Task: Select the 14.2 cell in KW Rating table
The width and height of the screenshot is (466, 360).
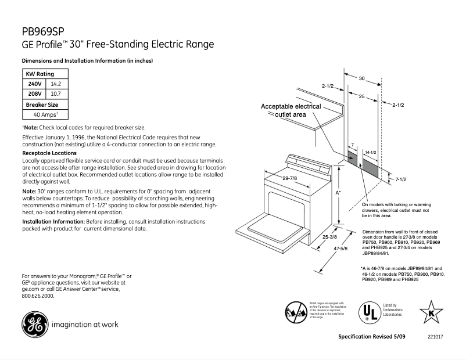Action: point(56,84)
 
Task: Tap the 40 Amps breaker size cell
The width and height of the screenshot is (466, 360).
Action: point(44,114)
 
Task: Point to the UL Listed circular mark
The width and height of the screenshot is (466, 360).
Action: point(367,312)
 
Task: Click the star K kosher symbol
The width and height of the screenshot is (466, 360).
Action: point(431,312)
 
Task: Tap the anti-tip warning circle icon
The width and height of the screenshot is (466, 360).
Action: point(296,311)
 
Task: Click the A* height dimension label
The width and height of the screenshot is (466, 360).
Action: point(338,192)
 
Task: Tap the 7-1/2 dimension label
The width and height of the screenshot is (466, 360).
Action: point(400,180)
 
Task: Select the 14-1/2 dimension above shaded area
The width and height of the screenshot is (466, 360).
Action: point(370,152)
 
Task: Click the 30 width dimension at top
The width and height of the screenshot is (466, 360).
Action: point(361,78)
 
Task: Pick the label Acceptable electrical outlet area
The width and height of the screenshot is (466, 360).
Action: point(291,110)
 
